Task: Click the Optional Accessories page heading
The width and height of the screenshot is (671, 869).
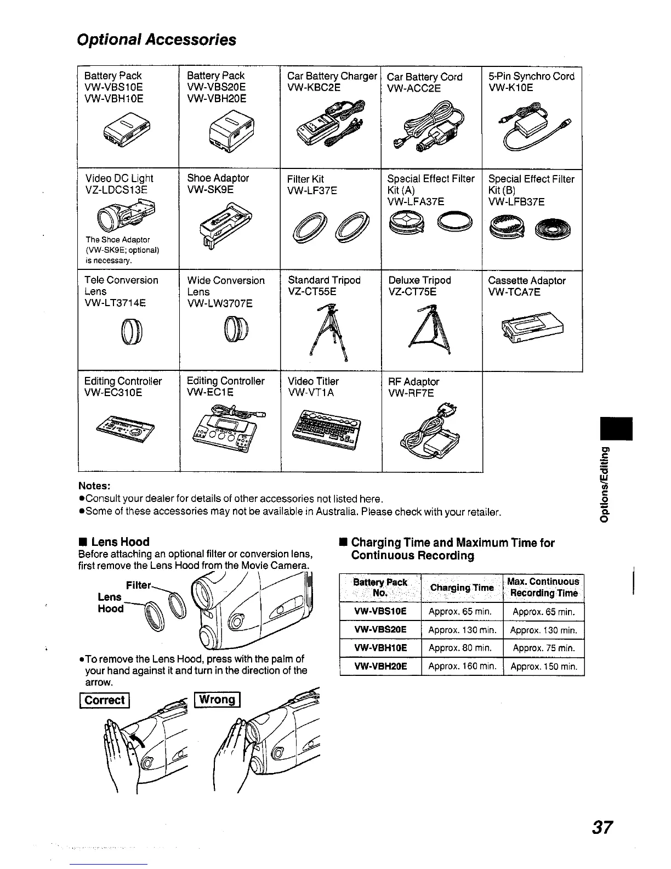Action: (x=157, y=40)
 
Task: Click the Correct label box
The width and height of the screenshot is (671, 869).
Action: (x=105, y=700)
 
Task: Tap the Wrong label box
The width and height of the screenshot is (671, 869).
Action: (x=218, y=699)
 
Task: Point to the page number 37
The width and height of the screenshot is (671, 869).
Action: (x=602, y=827)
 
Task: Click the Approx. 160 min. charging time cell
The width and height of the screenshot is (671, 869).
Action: (x=462, y=667)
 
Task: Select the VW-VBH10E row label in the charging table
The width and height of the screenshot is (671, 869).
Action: (x=380, y=648)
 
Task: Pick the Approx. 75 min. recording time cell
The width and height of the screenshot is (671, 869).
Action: (x=543, y=648)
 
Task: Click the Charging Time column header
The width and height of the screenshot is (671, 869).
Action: (x=462, y=588)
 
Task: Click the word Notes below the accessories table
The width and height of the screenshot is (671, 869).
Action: (x=95, y=486)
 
